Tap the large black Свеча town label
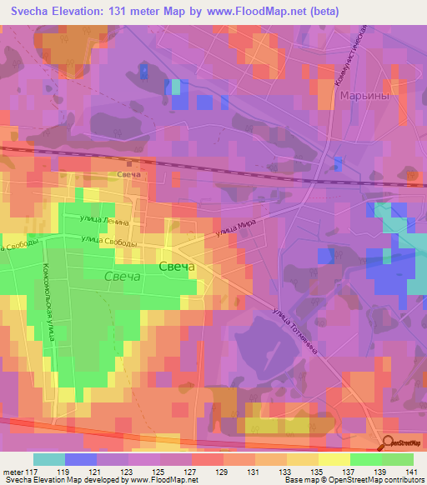pos(176,267)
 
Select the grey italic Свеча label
pos(124,276)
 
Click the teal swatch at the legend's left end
pos(48,459)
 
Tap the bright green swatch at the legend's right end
pos(398,459)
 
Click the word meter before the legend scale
pos(12,472)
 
